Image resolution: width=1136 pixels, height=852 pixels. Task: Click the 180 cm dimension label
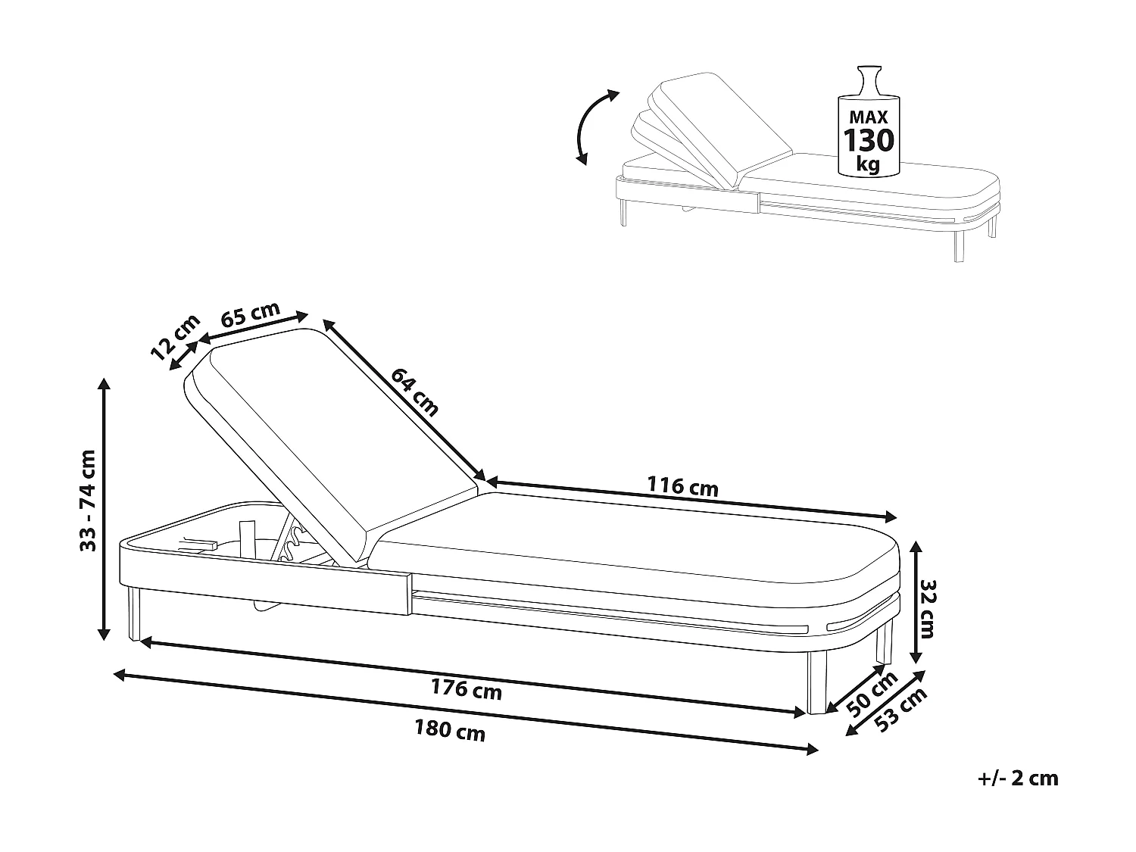[450, 731]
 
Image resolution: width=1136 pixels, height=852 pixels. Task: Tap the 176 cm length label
[467, 690]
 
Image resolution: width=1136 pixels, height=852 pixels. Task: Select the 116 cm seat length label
[682, 486]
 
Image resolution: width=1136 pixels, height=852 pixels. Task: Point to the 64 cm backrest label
[414, 392]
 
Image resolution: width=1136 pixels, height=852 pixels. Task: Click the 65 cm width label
[250, 314]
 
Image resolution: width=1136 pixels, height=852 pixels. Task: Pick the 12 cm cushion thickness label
[175, 337]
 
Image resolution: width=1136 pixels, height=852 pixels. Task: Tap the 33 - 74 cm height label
[88, 501]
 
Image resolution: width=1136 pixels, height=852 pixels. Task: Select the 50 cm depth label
[872, 694]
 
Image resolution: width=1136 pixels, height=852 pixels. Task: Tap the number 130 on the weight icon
[869, 139]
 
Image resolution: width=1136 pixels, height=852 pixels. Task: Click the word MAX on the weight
[869, 117]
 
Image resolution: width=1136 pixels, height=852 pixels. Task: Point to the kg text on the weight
[868, 165]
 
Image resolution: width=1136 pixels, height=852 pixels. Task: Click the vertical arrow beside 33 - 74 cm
[105, 509]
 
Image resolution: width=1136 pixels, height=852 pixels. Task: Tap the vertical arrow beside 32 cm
[916, 603]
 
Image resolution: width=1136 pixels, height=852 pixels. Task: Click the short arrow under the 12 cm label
[184, 356]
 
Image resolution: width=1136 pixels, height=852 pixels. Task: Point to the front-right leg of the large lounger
[816, 682]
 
